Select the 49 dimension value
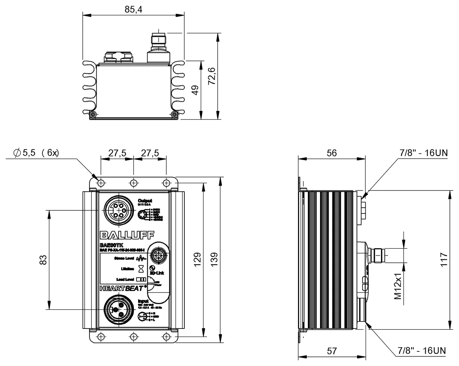point(195,91)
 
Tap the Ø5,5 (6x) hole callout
point(36,153)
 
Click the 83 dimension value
point(43,260)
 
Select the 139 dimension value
point(214,260)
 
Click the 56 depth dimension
point(331,153)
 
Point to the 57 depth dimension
point(331,350)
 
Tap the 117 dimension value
point(443,260)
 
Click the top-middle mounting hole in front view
point(133,182)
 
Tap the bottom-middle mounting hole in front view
point(133,336)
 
